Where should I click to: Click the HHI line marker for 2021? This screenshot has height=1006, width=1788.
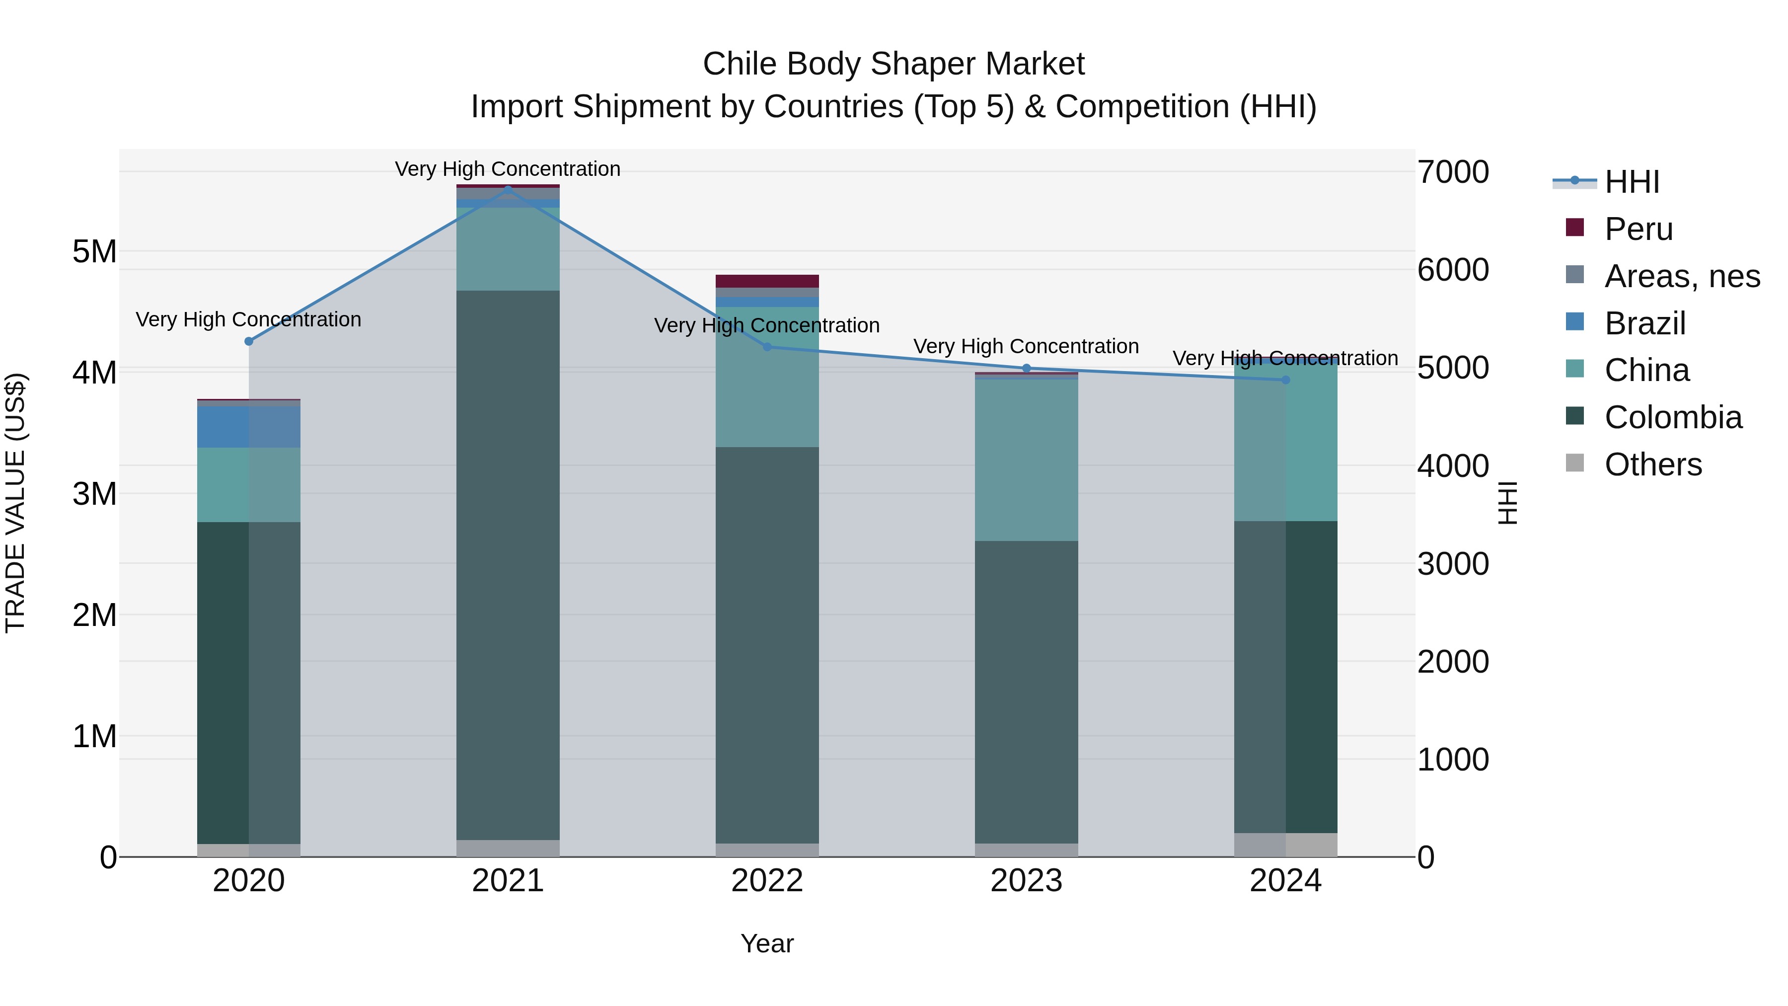point(508,189)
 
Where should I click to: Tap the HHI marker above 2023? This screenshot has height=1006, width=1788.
point(1027,368)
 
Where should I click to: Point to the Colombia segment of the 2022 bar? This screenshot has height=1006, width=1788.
point(767,646)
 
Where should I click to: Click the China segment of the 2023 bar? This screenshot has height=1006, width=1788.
point(1027,460)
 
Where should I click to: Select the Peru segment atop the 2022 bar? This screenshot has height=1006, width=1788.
point(767,281)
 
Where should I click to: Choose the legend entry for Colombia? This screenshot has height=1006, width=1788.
point(1673,417)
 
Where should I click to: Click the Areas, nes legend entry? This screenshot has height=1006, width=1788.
point(1682,276)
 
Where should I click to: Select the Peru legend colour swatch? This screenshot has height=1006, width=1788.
point(1575,228)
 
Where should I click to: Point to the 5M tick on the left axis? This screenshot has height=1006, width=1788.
point(94,251)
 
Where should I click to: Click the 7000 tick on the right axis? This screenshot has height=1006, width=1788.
point(1453,172)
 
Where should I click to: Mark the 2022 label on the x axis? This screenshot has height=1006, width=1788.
point(767,881)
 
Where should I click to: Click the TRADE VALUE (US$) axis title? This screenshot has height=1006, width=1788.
point(15,503)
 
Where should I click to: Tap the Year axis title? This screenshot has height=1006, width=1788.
point(767,943)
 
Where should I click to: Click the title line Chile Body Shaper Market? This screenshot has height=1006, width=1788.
point(894,64)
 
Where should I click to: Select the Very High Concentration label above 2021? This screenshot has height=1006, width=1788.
point(508,169)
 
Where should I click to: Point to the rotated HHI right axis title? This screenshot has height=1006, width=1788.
point(1507,503)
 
